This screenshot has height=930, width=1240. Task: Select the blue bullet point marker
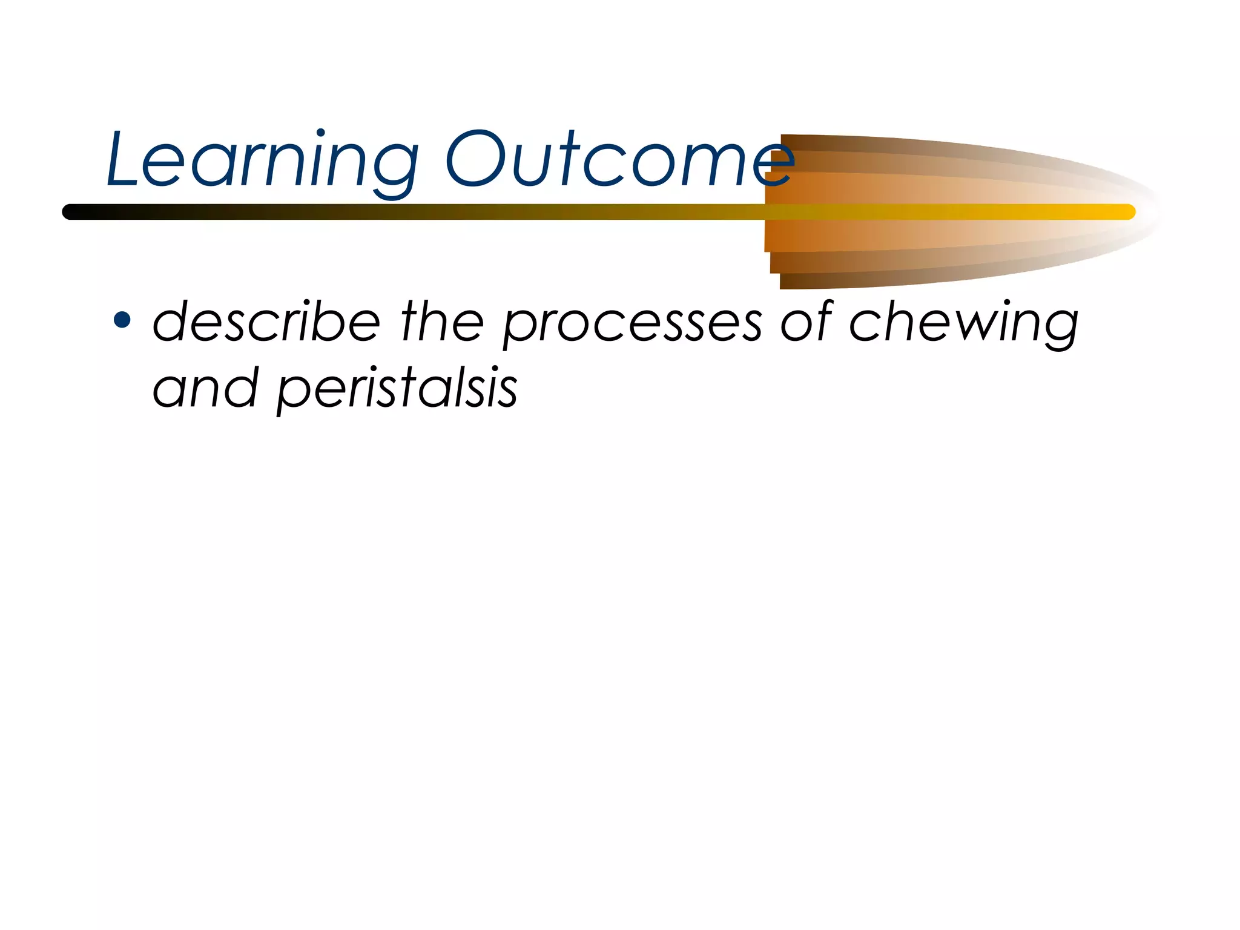tap(122, 320)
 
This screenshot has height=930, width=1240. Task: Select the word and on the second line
tap(205, 387)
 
